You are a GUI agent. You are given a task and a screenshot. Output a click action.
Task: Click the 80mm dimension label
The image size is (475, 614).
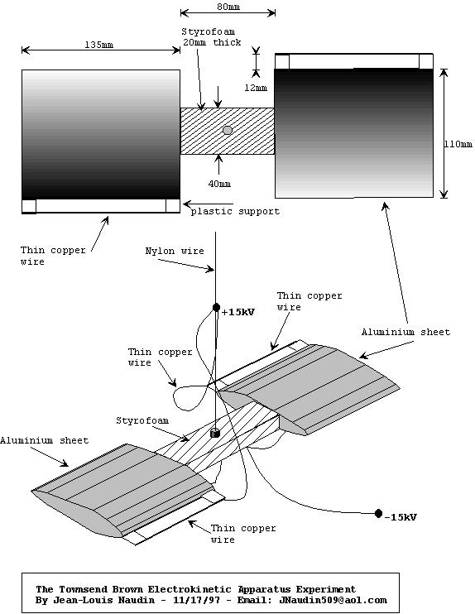tap(228, 7)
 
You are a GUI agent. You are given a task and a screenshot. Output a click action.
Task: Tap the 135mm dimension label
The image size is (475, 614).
tap(99, 45)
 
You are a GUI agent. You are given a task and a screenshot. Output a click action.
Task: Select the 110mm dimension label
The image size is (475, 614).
tap(458, 144)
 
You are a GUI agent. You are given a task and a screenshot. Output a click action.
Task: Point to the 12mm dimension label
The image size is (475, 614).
tap(256, 88)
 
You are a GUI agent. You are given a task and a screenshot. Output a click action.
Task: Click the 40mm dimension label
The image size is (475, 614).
tap(219, 183)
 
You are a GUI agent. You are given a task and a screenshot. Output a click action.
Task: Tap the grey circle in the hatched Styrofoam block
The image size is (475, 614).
tap(228, 131)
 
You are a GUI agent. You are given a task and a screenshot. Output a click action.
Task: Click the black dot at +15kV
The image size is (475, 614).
tap(216, 307)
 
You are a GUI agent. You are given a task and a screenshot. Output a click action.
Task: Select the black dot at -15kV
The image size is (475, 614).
tap(378, 513)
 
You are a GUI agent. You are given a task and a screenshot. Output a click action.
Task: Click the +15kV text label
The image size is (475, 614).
tap(238, 312)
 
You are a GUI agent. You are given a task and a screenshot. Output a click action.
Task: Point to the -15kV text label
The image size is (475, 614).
tap(401, 517)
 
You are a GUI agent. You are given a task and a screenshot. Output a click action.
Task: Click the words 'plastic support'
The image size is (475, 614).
tap(235, 212)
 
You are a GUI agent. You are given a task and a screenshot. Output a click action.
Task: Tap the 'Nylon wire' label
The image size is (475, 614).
tap(175, 251)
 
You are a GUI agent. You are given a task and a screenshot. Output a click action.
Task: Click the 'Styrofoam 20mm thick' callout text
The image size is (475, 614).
tap(212, 36)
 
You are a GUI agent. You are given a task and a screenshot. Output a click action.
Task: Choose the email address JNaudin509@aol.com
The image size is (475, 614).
tap(333, 600)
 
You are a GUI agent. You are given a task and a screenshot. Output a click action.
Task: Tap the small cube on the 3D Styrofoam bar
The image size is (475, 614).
tap(215, 433)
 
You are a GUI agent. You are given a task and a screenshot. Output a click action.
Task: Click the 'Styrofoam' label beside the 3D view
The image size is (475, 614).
tap(142, 420)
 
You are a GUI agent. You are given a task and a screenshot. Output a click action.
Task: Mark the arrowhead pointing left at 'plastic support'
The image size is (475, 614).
tap(187, 204)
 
